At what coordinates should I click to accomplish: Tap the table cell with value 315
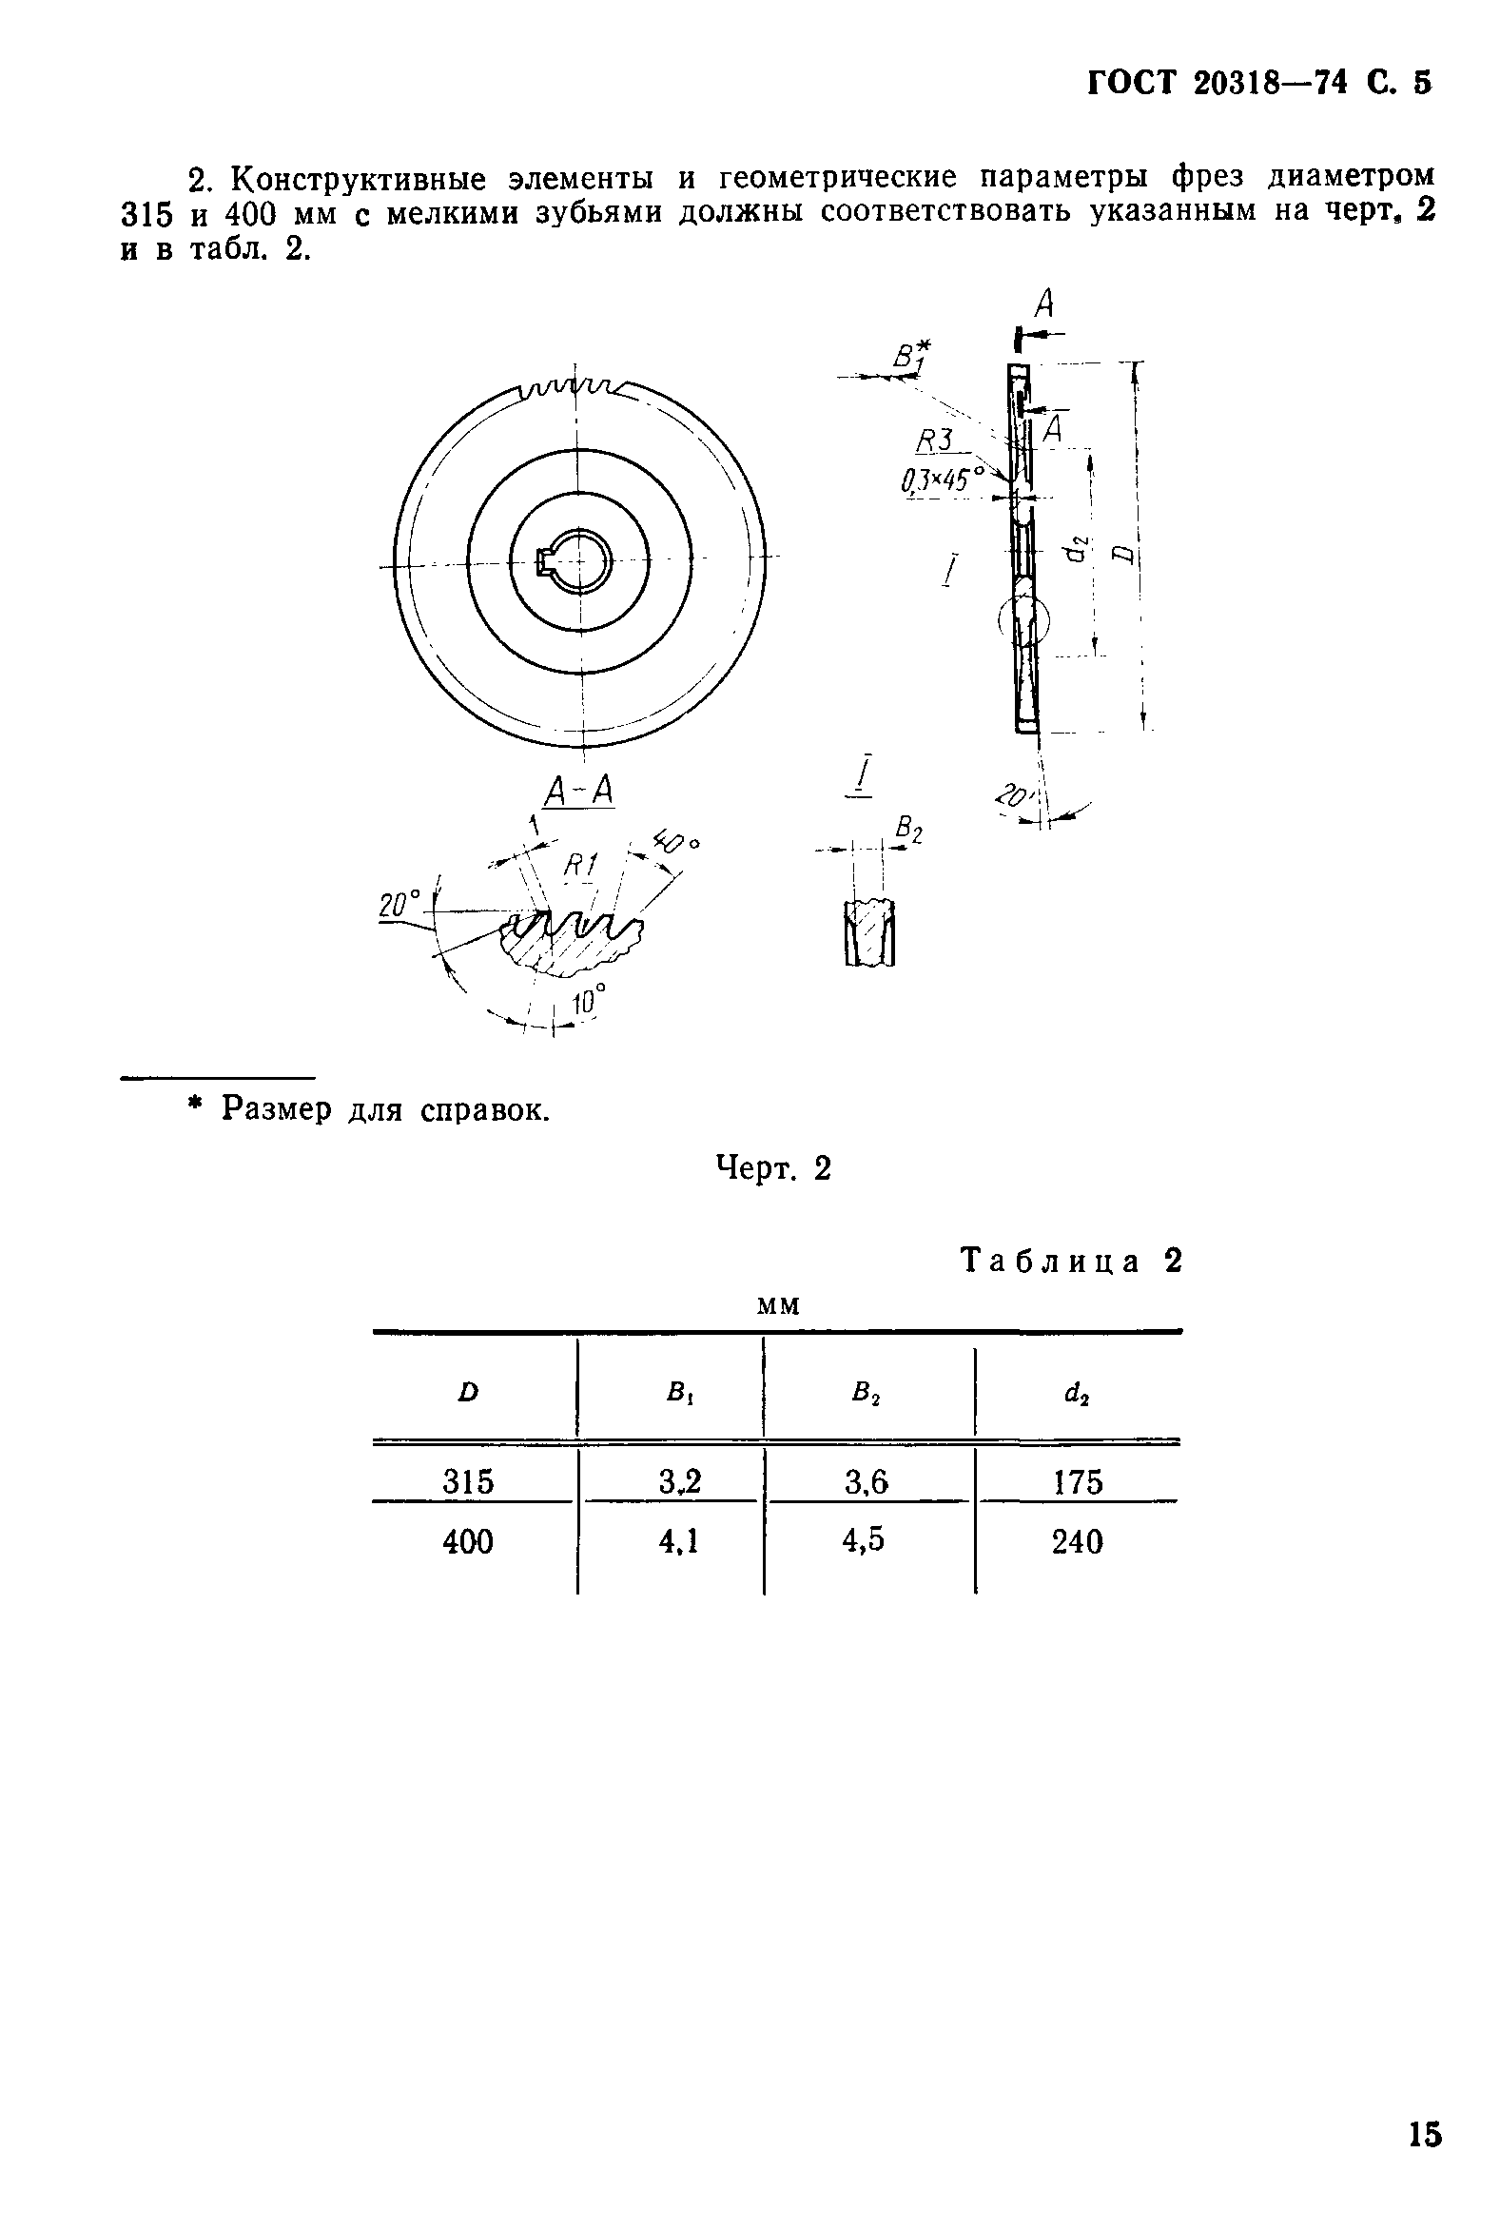468,1482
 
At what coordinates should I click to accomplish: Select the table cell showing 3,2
679,1481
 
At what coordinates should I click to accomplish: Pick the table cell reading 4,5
864,1540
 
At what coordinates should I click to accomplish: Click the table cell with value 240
1077,1541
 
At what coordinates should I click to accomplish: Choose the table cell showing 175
1078,1482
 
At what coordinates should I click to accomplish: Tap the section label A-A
578,792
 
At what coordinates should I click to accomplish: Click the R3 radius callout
936,441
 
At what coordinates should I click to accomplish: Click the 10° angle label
588,1002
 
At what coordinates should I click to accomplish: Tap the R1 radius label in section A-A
579,866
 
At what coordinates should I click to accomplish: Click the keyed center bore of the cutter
576,559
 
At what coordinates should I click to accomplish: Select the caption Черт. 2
774,1168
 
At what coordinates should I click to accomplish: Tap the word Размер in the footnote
277,1108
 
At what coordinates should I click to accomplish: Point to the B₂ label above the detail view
908,829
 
